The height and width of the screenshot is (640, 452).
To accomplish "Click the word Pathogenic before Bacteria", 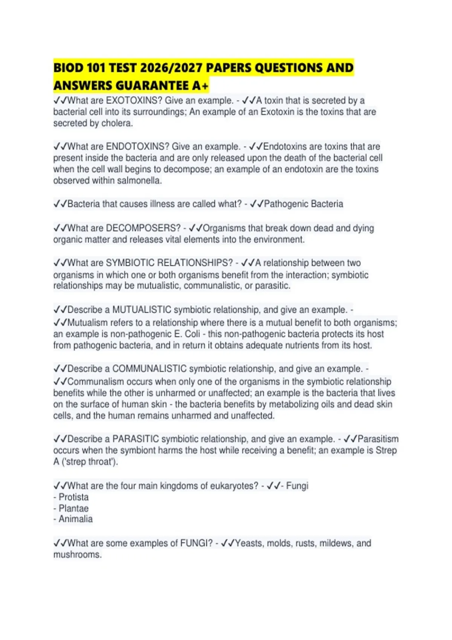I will click(288, 204).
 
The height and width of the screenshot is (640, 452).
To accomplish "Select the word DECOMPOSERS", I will click(143, 228).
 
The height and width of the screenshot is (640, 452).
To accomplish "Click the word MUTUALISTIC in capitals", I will click(142, 310).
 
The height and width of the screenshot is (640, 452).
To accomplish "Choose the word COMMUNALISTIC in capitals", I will click(150, 369).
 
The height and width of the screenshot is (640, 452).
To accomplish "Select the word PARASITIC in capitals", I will click(136, 439).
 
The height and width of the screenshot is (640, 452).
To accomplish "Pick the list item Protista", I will click(73, 497).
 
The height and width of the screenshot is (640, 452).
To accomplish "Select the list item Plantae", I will click(73, 508).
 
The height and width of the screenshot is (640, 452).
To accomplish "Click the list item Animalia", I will click(75, 519).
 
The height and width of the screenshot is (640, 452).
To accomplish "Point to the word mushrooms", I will click(77, 555).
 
